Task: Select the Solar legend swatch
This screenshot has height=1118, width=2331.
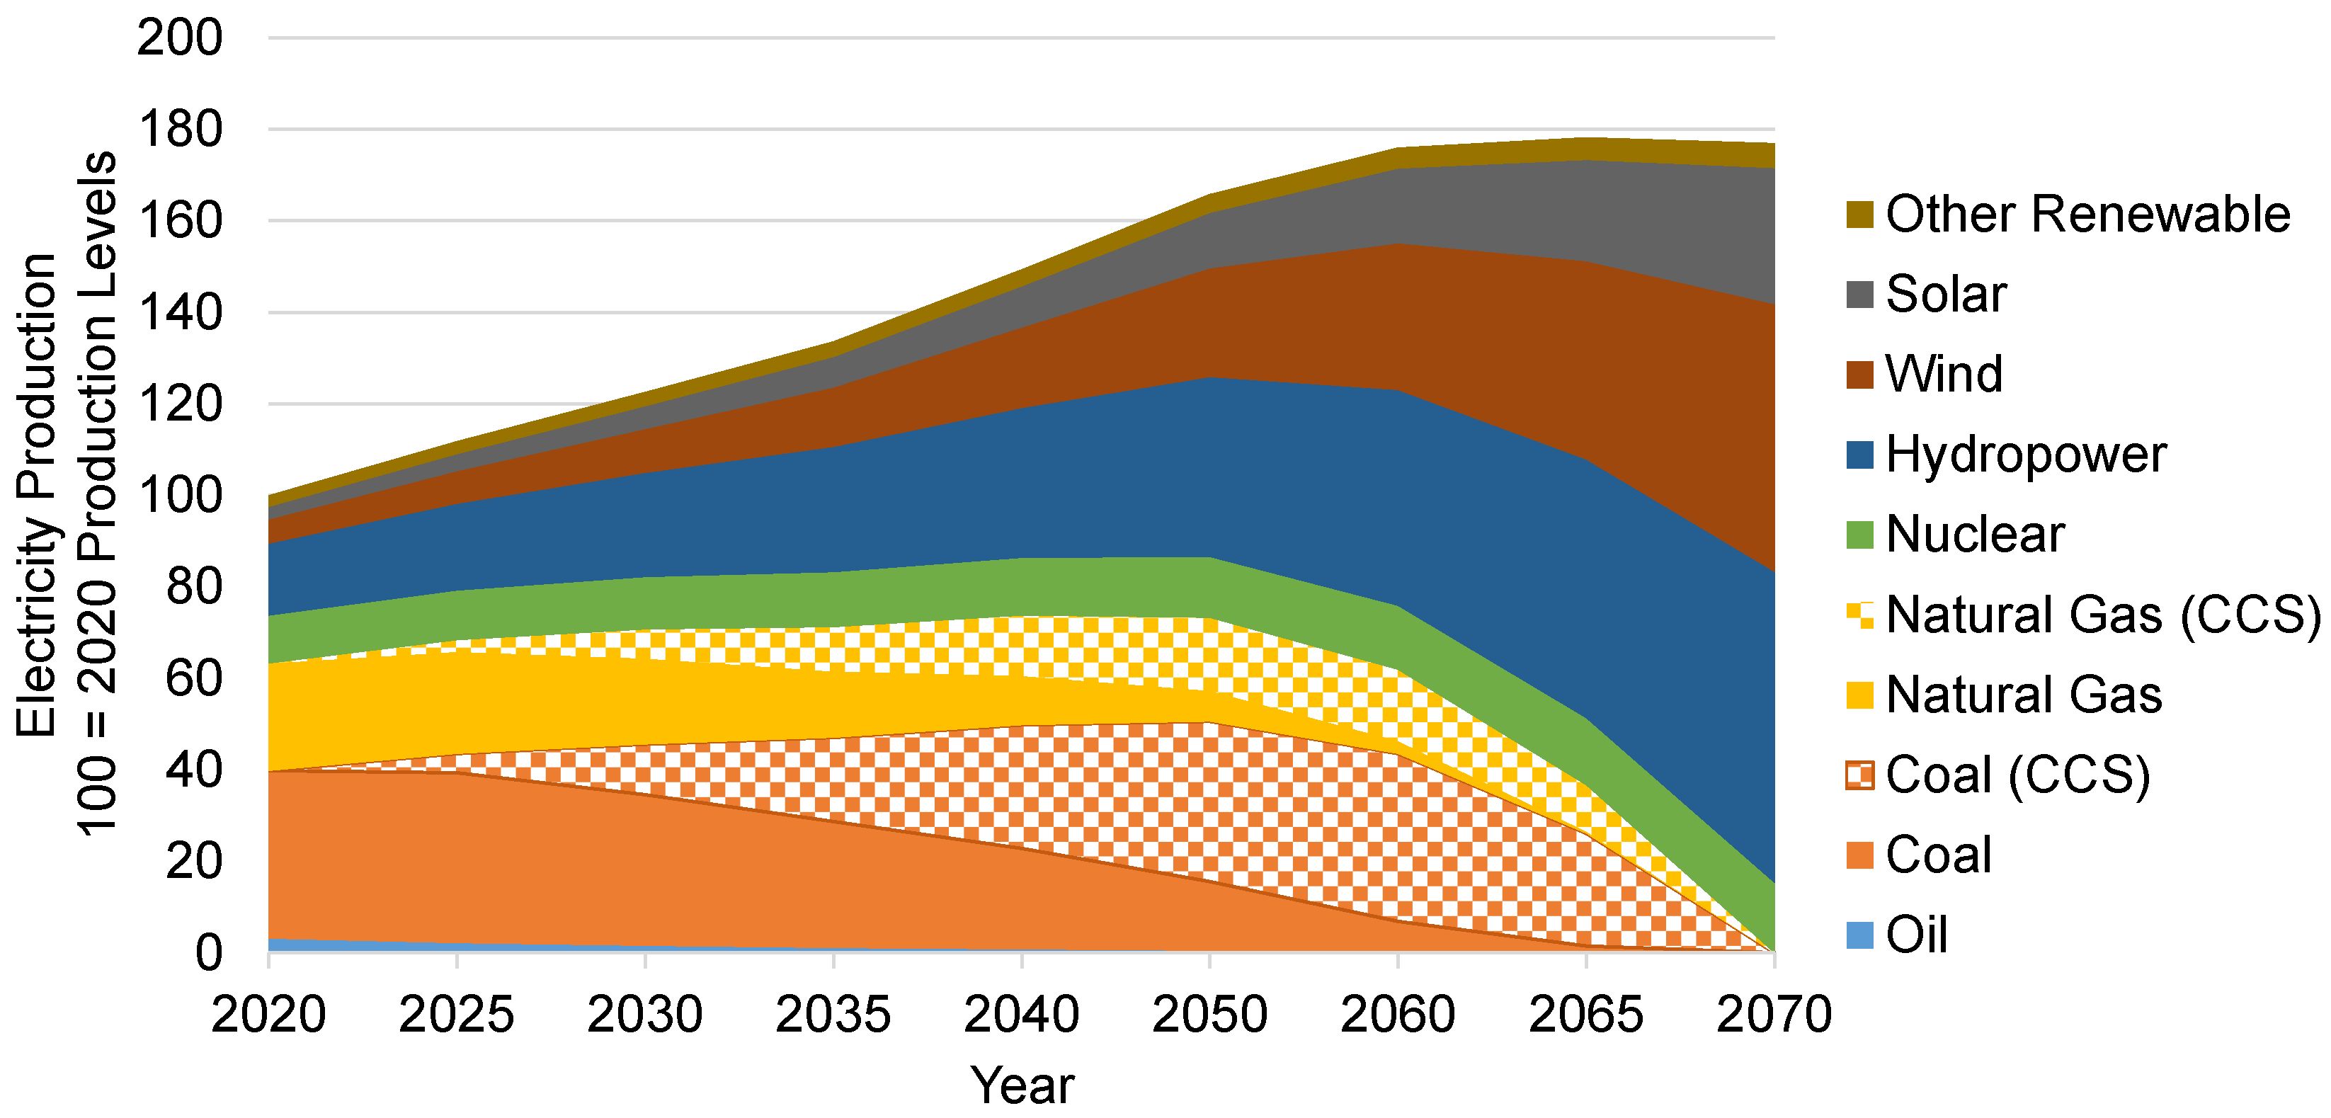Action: click(x=1859, y=295)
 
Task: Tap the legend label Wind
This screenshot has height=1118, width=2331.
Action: click(x=1944, y=375)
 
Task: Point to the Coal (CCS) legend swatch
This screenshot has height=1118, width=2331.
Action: click(x=1859, y=775)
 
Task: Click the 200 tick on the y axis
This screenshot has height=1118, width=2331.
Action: click(x=179, y=38)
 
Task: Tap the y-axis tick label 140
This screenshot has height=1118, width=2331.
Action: click(x=179, y=313)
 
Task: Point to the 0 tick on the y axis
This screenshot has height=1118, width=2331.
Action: click(x=208, y=952)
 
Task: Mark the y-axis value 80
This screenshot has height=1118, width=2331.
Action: click(x=193, y=587)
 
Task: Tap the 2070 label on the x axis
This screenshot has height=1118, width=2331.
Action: click(x=1774, y=1014)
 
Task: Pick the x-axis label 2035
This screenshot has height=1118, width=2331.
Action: click(x=833, y=1014)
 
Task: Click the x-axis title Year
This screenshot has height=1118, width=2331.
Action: click(x=1022, y=1085)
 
